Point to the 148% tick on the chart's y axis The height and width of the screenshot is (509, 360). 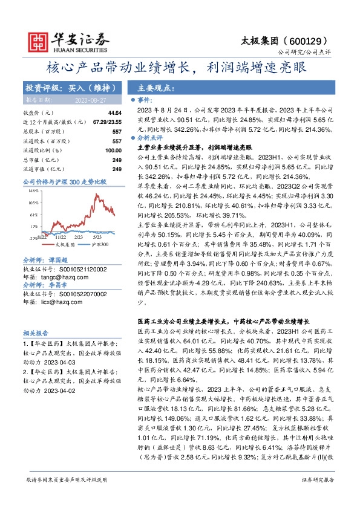coord(33,190)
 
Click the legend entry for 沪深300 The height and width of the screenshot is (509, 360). coord(100,245)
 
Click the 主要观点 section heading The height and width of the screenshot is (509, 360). coord(156,88)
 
